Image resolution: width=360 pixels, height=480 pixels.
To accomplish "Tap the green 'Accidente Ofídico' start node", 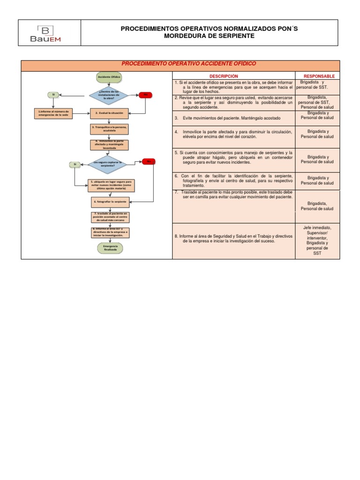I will pos(110,76).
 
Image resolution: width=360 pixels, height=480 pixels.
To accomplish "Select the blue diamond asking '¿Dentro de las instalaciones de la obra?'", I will pos(110,95).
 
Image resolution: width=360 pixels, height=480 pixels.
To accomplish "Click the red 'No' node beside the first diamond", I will pos(145,95).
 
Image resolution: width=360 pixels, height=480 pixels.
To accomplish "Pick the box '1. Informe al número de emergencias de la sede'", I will pos(54,113).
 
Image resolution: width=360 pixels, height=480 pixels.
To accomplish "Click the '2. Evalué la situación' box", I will pos(109,113).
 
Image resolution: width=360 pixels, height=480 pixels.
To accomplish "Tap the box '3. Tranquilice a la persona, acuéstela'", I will pos(109,129).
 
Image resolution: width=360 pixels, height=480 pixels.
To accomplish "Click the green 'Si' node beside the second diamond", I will pos(75,164).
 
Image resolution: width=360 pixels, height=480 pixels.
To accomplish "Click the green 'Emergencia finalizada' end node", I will pos(110,248).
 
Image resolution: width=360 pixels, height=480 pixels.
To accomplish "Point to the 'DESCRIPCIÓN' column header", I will pos(224,76).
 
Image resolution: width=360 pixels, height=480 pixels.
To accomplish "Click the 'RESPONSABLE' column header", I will pos(319,76).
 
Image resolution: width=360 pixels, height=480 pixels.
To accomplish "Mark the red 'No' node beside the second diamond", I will pos(149,161).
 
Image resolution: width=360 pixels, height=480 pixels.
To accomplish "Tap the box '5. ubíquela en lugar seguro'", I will pos(111,185).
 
